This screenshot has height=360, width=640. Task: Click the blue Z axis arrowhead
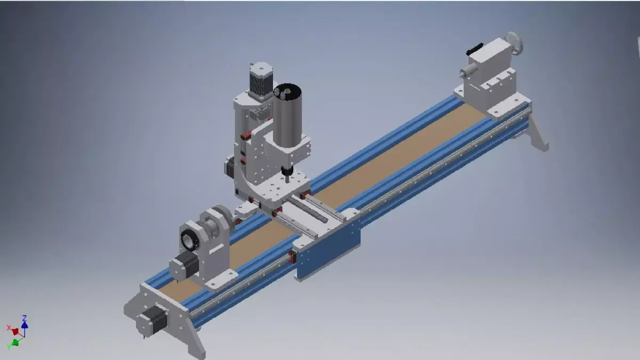tap(25, 323)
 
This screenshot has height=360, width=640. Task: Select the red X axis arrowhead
tap(15, 332)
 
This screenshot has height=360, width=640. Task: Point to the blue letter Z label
tap(25, 318)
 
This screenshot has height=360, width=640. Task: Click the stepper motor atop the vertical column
tap(260, 79)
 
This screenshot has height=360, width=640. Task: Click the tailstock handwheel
tap(513, 42)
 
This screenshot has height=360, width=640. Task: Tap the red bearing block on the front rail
tap(292, 257)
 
